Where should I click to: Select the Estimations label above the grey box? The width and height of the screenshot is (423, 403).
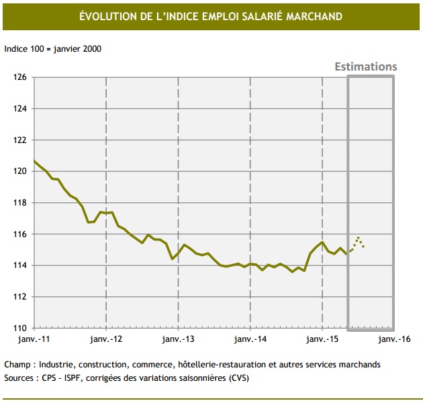coord(366,66)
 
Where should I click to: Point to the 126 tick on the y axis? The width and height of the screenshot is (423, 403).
coord(20,77)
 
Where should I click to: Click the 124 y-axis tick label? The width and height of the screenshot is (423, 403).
coord(20,109)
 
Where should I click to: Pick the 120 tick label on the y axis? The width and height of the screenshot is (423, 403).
coord(20,171)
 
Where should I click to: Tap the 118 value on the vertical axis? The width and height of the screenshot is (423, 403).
coord(20,203)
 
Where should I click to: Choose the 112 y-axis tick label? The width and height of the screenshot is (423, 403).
coord(20,297)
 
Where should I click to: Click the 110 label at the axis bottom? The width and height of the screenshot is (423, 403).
coord(20,328)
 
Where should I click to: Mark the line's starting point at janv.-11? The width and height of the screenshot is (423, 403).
coord(34,161)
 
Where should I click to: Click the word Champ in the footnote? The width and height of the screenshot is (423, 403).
coord(18,364)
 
